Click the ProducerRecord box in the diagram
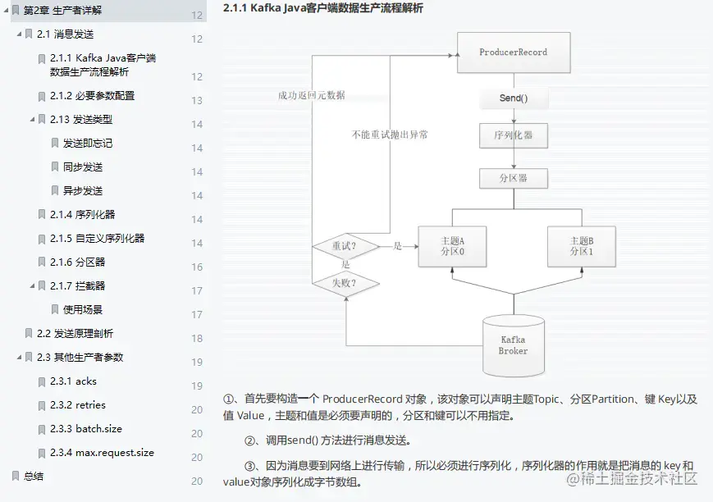(513, 52)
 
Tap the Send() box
(514, 98)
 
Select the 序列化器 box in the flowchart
(514, 135)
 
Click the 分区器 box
(514, 178)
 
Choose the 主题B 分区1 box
(581, 246)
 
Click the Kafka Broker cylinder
(513, 345)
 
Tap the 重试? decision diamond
(345, 246)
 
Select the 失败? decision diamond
(345, 284)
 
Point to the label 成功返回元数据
(312, 95)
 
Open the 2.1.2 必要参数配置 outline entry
(92, 96)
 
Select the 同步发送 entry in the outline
(83, 167)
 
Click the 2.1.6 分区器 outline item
(77, 262)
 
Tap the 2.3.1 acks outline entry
(73, 381)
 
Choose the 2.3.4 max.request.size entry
(102, 453)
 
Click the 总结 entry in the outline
(34, 477)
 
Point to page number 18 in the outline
(197, 339)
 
